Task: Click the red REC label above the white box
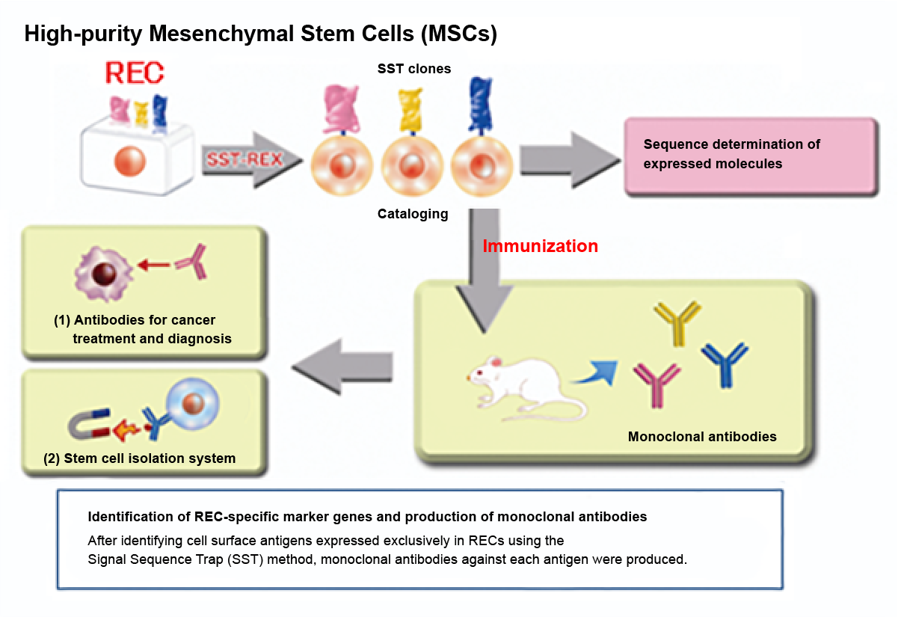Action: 135,73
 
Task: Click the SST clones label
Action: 413,69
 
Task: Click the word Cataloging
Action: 413,215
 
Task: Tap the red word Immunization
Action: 540,246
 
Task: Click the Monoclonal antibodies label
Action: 702,436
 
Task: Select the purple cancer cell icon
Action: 97,270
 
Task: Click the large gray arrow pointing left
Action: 342,364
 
